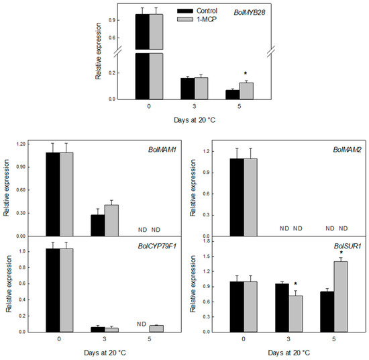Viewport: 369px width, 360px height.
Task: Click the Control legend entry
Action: (x=197, y=11)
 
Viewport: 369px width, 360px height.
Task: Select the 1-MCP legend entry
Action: (x=197, y=19)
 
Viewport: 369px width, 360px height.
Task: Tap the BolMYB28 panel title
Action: (x=250, y=13)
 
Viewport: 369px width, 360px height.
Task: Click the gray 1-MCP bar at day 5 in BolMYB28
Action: (x=246, y=91)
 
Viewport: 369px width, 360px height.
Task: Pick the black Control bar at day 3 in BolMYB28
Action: (x=188, y=89)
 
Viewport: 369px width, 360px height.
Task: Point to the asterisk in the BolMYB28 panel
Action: (x=246, y=73)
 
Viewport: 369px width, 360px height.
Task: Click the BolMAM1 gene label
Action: (x=162, y=150)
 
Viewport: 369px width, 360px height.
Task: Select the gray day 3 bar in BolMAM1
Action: (x=111, y=220)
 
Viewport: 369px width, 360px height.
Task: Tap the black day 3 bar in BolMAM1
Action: (x=98, y=226)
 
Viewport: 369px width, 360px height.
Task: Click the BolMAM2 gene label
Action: (x=347, y=150)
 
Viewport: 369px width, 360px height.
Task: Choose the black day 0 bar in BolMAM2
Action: (x=237, y=197)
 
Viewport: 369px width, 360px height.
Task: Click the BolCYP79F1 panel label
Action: (x=157, y=246)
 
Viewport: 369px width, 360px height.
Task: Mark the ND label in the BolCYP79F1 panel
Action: (x=142, y=324)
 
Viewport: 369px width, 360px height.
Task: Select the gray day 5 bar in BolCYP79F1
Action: (x=156, y=329)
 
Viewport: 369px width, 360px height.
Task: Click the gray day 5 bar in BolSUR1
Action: (x=341, y=297)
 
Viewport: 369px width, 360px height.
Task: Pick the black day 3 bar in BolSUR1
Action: (x=282, y=308)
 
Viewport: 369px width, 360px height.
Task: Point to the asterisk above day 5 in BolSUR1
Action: (x=341, y=253)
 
